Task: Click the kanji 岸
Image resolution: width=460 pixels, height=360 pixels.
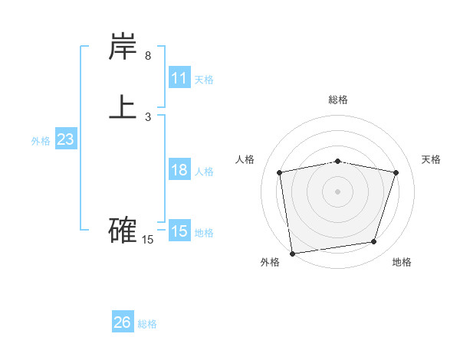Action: point(123,47)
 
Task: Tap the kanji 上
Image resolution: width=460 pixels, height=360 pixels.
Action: point(123,106)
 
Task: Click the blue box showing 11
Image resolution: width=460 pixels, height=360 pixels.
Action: point(179,78)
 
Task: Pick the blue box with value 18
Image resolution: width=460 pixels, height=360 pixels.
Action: point(179,170)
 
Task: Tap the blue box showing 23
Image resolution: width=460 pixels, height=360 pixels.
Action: point(66,139)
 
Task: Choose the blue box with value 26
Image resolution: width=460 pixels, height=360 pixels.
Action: point(123,322)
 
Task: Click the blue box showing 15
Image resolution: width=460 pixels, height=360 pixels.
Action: point(179,231)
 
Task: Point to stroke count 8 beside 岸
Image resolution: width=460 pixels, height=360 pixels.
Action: point(148,56)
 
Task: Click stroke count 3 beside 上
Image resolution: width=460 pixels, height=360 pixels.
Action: point(148,117)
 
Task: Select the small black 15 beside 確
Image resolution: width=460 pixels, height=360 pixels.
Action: point(148,240)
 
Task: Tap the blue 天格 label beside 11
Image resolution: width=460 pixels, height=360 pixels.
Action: point(204,80)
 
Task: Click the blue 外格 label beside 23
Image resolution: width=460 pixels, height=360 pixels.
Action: point(41,141)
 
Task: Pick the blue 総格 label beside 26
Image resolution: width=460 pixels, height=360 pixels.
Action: point(147,324)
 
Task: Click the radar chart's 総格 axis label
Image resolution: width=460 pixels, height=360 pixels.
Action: point(338,100)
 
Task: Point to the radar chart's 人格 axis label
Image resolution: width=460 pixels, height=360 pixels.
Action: point(245,159)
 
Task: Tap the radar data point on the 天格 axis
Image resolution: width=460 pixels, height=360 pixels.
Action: point(396,172)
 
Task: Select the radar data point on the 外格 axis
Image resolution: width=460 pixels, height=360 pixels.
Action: point(292,253)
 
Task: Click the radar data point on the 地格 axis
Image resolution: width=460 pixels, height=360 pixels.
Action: point(374,242)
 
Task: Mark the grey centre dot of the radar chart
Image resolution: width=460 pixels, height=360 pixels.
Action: point(338,191)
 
